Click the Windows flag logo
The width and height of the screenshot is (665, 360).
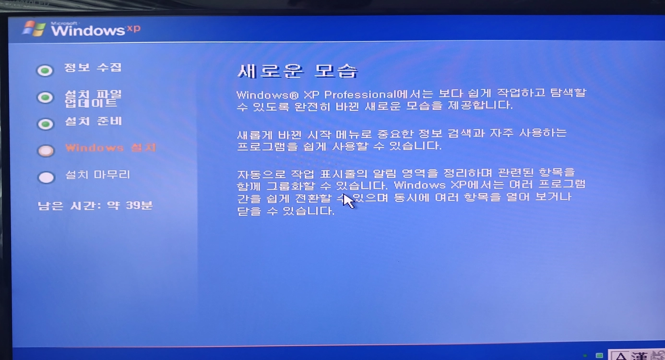(x=34, y=28)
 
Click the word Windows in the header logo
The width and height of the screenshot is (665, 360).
(x=88, y=30)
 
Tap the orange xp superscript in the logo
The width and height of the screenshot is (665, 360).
(x=133, y=28)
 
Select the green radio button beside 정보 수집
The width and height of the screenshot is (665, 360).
(x=45, y=71)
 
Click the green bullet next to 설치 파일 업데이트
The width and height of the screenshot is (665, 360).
(x=46, y=97)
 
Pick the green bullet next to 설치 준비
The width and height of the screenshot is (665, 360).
(x=46, y=124)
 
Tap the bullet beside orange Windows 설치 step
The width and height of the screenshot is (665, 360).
(x=46, y=151)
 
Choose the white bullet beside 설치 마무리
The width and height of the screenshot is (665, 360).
(x=47, y=177)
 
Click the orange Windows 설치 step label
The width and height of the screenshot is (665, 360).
(x=110, y=148)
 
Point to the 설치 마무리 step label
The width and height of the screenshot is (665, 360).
(x=98, y=174)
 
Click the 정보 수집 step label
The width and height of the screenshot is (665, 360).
(x=93, y=67)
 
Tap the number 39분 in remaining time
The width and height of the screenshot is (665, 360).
(x=139, y=205)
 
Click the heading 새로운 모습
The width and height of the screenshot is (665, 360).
(x=298, y=72)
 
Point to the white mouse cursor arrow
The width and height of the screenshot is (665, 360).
(x=348, y=201)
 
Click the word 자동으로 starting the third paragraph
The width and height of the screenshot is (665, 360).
(x=261, y=174)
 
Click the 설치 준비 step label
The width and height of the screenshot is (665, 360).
(x=94, y=121)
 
